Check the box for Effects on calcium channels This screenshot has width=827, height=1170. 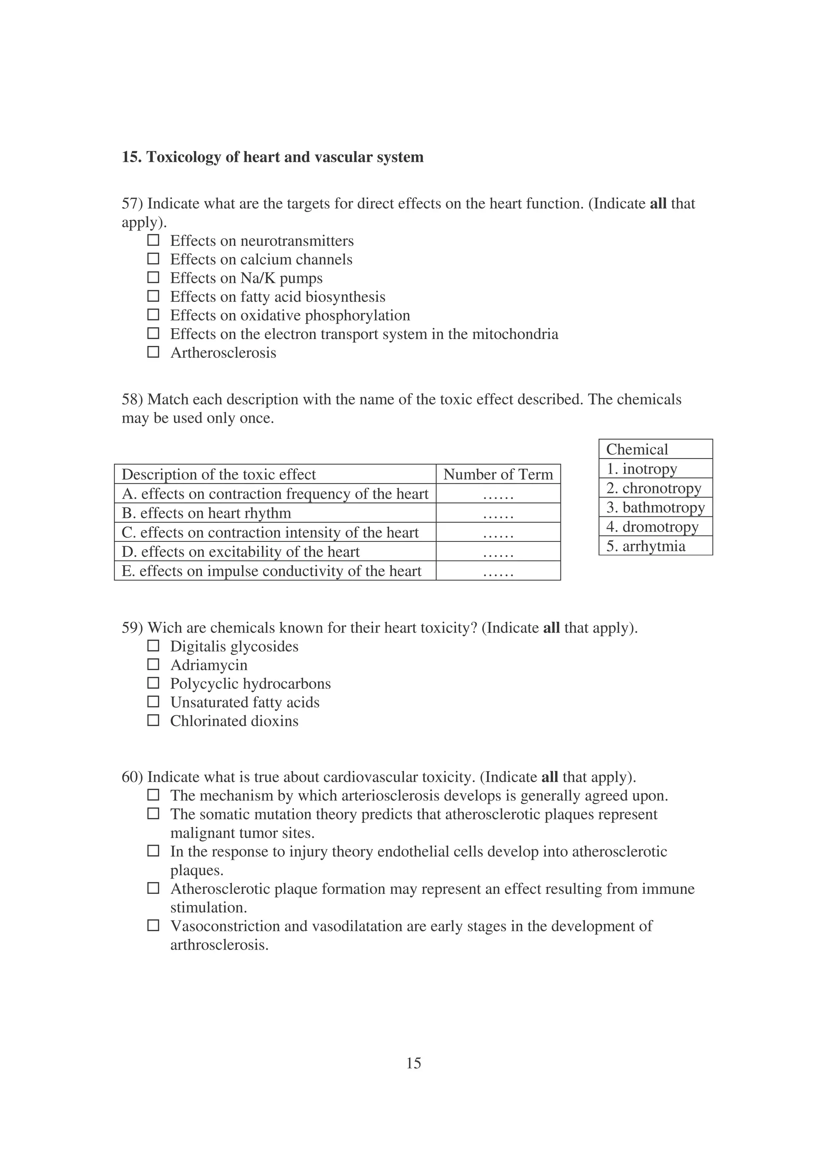click(x=153, y=259)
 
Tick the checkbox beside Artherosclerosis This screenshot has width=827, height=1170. click(x=153, y=352)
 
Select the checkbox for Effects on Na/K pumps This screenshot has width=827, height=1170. click(x=153, y=278)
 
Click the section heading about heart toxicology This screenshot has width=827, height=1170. click(x=272, y=157)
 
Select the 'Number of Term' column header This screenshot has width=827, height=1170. click(x=498, y=474)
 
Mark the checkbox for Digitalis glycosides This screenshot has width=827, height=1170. click(x=153, y=646)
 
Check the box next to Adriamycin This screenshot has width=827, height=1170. click(x=153, y=665)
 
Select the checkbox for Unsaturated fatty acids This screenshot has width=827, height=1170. click(x=153, y=702)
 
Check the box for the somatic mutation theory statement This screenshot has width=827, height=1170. click(x=153, y=814)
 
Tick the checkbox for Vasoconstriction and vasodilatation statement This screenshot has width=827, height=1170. click(x=153, y=925)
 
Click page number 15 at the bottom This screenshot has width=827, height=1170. click(x=413, y=1063)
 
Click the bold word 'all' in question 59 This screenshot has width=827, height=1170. click(x=551, y=628)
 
